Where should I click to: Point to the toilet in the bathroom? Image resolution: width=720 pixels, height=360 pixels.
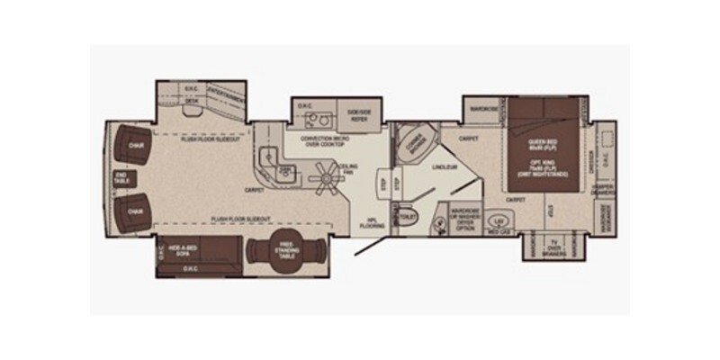coord(406,217)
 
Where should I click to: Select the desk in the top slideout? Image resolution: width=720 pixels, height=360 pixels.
coord(192,102)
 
